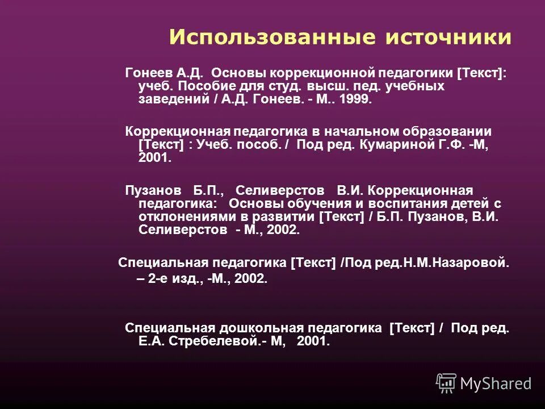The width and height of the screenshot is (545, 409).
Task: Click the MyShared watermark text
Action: [x=496, y=383]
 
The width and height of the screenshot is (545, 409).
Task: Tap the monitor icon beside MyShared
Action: [x=446, y=382]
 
